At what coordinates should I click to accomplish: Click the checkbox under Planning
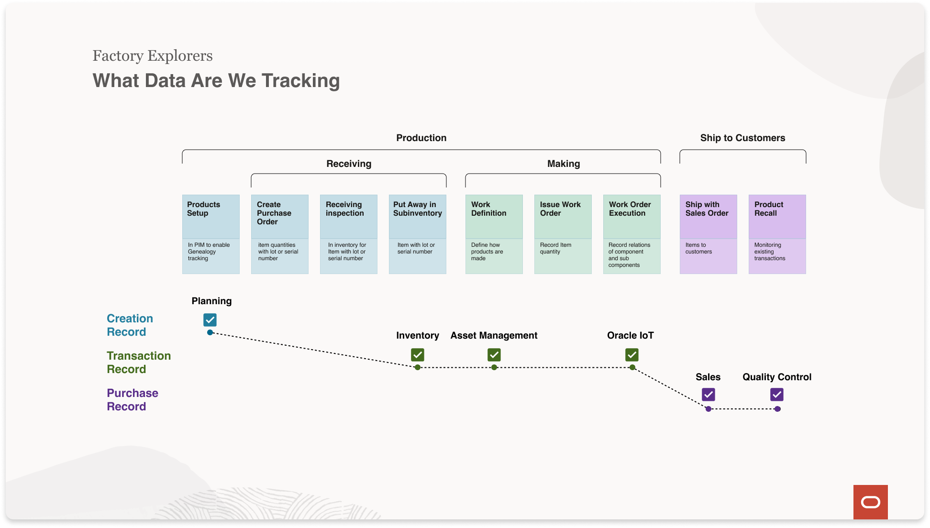(x=210, y=319)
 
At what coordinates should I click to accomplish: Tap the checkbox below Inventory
(x=418, y=355)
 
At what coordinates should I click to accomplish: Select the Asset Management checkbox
(x=494, y=355)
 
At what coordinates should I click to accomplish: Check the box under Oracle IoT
(x=632, y=355)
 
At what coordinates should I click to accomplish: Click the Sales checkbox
(x=709, y=395)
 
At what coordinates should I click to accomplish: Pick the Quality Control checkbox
(x=777, y=395)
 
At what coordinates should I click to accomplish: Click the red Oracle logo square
(x=871, y=502)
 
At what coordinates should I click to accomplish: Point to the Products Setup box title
(x=204, y=209)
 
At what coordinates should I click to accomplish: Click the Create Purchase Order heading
(x=274, y=213)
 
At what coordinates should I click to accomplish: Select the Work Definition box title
(x=488, y=209)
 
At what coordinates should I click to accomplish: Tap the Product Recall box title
(x=769, y=209)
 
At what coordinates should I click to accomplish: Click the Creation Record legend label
(x=130, y=325)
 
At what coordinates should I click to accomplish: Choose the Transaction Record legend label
(x=139, y=363)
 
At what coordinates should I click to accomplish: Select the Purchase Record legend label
(x=133, y=400)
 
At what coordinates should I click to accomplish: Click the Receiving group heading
(x=349, y=164)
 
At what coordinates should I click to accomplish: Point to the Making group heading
(x=564, y=164)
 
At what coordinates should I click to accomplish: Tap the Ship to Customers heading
(x=742, y=138)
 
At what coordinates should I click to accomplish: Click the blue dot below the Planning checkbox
(x=210, y=332)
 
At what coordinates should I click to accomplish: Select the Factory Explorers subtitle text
(x=153, y=56)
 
